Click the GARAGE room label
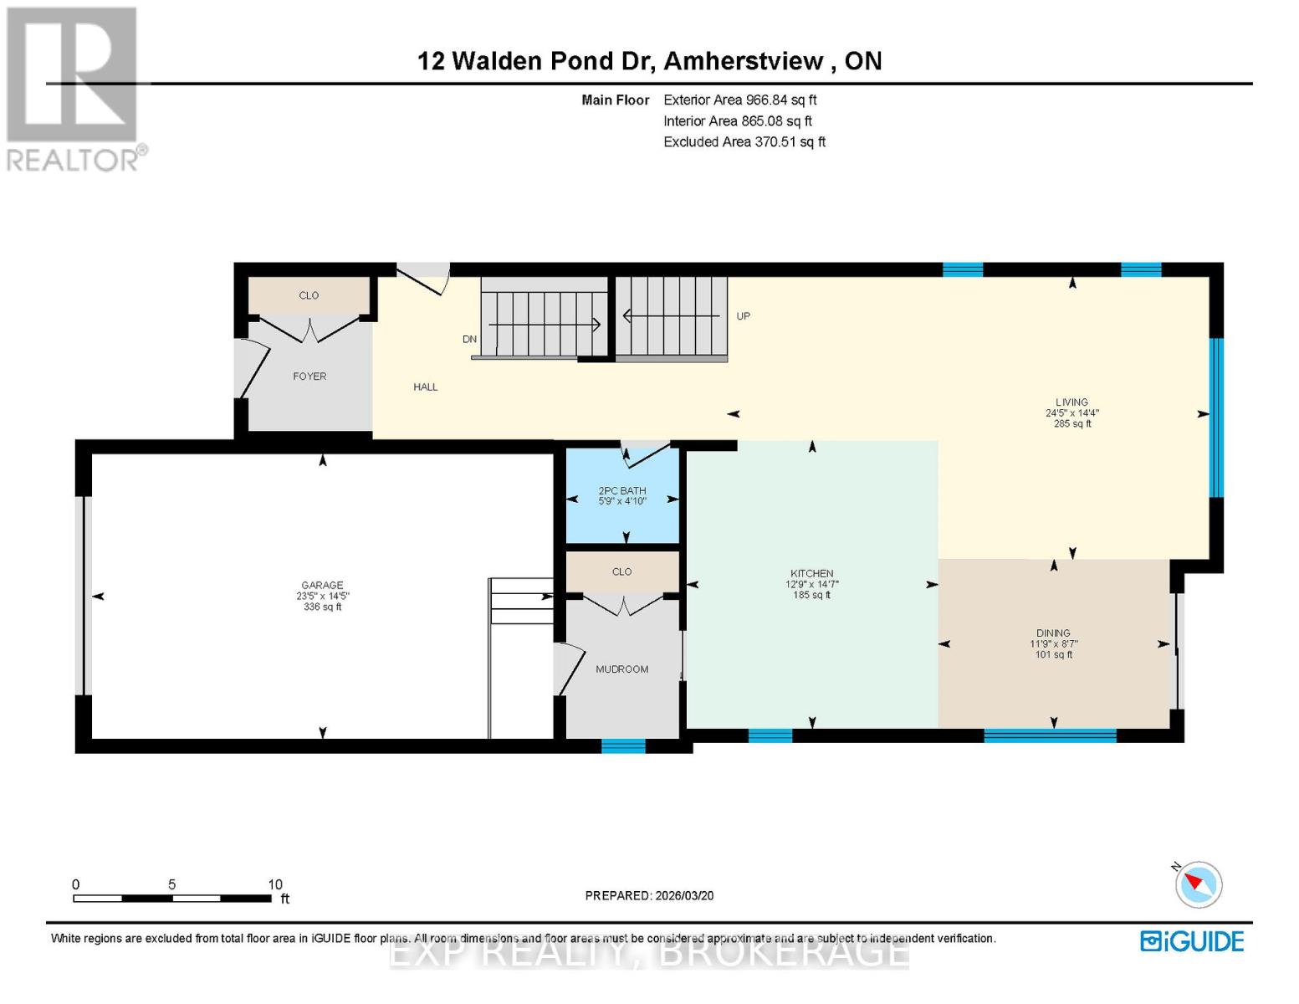point(322,586)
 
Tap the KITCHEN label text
point(811,574)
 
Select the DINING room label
point(1053,633)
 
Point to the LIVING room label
point(1071,402)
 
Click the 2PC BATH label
point(622,491)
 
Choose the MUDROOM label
point(621,669)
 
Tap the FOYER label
point(309,376)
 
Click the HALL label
point(425,387)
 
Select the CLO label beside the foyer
point(309,295)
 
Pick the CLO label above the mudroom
point(621,572)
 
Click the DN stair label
point(469,340)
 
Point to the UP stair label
point(743,316)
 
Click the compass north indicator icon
point(1199,884)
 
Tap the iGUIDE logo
point(1192,941)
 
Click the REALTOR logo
point(74,88)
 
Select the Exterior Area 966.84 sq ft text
point(739,100)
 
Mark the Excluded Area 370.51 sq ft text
point(744,142)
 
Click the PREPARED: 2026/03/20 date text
point(649,896)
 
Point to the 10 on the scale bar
point(275,884)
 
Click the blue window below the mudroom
point(623,746)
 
